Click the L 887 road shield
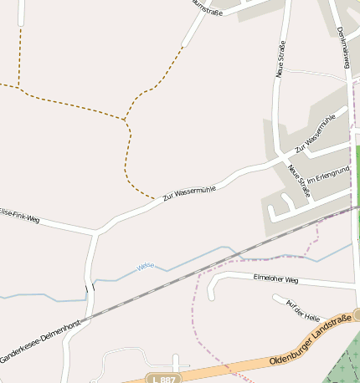coord(164,379)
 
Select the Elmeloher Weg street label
coord(275,279)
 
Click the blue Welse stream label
coord(146,266)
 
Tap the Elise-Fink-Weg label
coord(18,215)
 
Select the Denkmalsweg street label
coord(342,47)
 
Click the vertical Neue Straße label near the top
coord(280,59)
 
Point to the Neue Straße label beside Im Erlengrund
coord(299,181)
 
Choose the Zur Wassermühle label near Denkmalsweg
coord(321,132)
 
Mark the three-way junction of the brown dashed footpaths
coord(125,120)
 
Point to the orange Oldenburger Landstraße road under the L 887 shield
coord(201,370)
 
